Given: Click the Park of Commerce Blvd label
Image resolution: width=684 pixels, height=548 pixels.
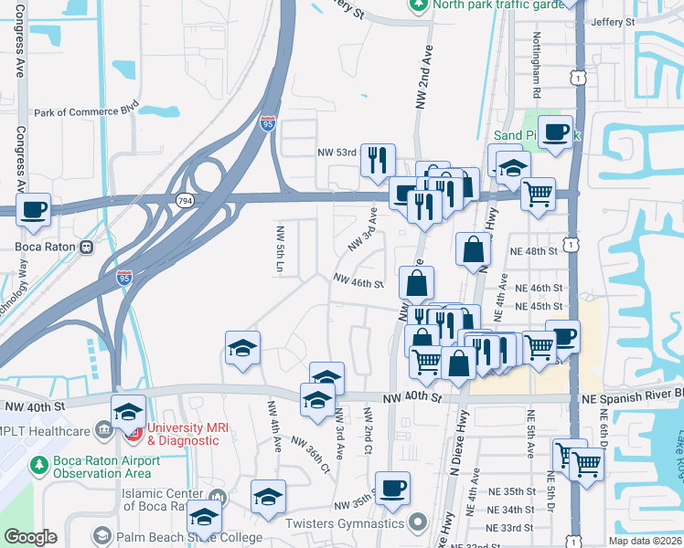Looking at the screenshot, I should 86,113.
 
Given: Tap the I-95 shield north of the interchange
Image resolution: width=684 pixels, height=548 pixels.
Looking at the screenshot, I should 267,123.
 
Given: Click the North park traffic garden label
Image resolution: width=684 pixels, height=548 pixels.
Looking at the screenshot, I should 485,3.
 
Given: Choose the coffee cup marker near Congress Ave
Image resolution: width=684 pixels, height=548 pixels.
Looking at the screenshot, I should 34,209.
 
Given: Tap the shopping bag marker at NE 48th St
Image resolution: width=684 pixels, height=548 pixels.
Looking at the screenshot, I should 473,248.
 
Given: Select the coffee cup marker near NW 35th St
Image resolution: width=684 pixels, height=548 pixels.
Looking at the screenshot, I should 392,488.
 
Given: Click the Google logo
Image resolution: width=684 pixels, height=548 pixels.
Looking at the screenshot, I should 30,538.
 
